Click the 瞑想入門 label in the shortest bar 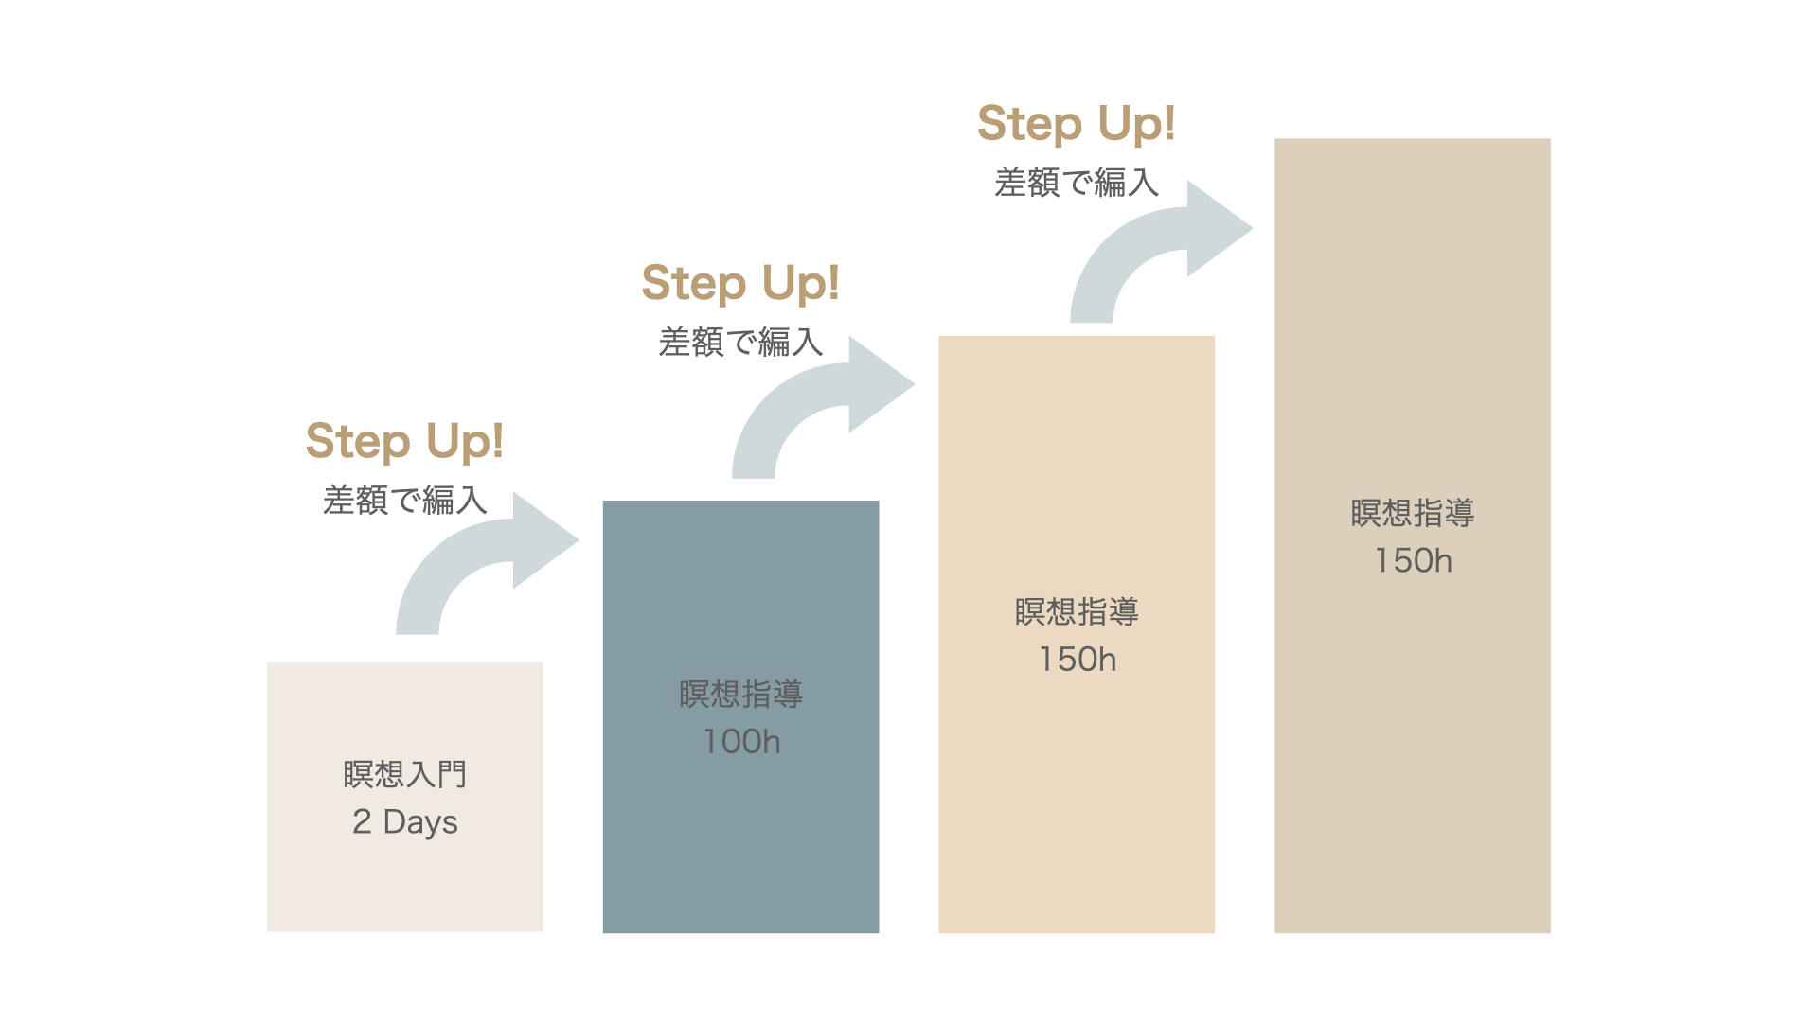(x=404, y=774)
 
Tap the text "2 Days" (x=404, y=821)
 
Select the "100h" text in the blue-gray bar (x=741, y=741)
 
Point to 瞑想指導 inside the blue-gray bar (x=741, y=694)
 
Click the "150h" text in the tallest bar (x=1413, y=560)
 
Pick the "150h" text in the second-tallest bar (x=1077, y=659)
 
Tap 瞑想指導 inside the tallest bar (x=1413, y=513)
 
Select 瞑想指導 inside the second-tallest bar (x=1077, y=611)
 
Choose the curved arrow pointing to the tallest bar (x=1127, y=255)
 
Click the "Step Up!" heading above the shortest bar (x=404, y=441)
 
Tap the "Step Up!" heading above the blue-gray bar (x=740, y=283)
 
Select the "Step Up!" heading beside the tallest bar (x=1077, y=124)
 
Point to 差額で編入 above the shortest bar (x=404, y=500)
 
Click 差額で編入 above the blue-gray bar (x=740, y=342)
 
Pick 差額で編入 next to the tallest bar (x=1077, y=183)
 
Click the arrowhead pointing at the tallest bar (x=1217, y=228)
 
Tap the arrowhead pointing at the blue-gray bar (x=543, y=540)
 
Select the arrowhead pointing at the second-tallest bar (x=879, y=384)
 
